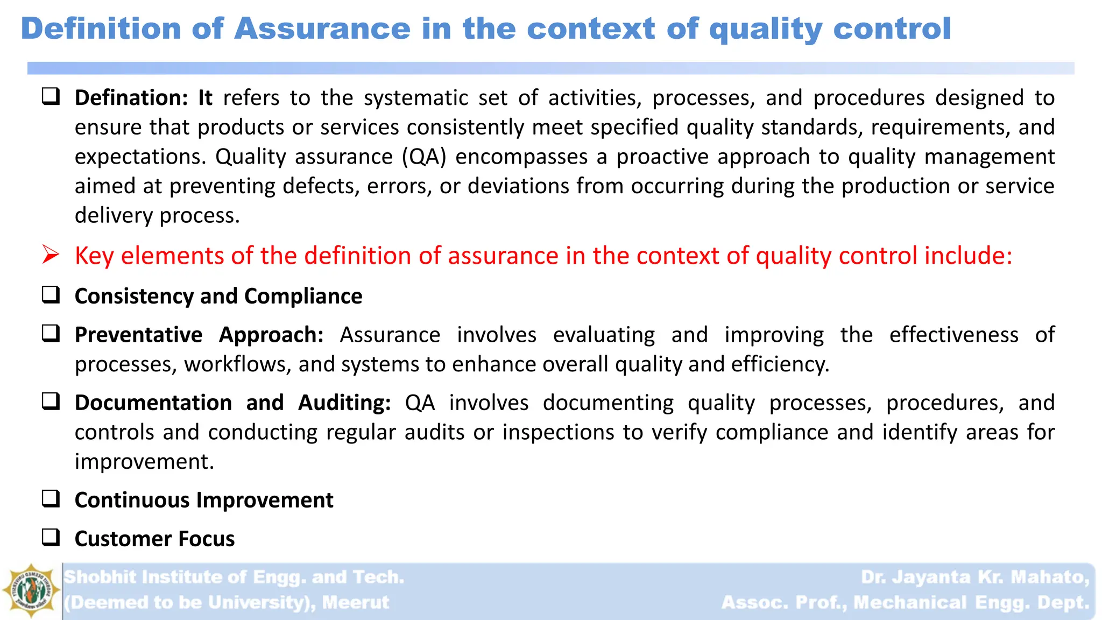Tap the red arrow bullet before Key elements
pos(51,255)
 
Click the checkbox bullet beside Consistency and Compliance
pos(51,295)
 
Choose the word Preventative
pos(138,335)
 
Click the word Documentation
pos(153,403)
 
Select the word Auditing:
pos(344,403)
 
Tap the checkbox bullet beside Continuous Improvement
pos(51,499)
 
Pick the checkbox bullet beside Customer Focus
pos(51,537)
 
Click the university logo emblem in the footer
pos(31,590)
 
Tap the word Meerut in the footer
pos(355,602)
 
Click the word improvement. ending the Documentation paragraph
pos(144,462)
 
